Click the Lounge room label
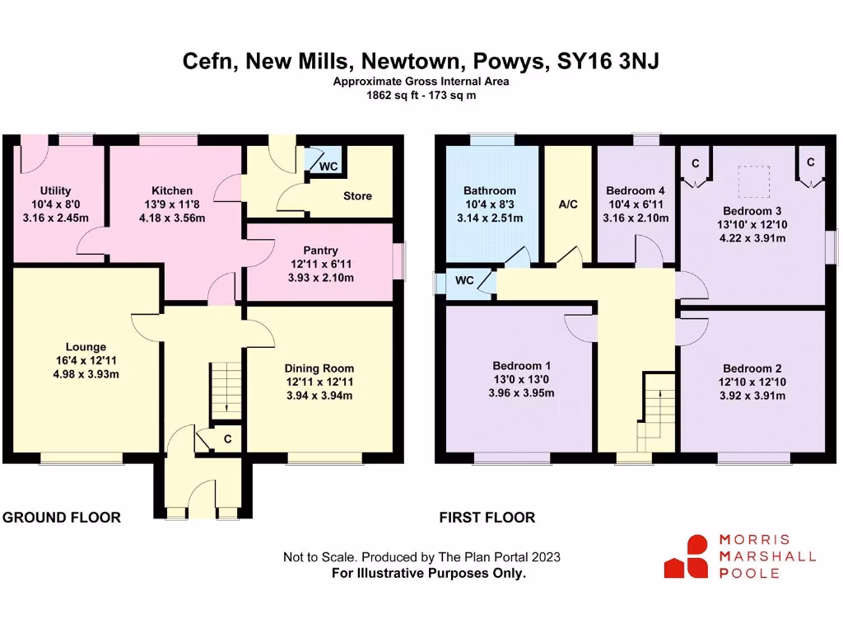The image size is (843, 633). (86, 347)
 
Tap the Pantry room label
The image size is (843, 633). (320, 251)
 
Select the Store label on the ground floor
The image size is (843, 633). (357, 196)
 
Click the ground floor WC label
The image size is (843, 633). (328, 166)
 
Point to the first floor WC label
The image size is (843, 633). (464, 280)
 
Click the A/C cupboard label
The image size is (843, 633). (567, 204)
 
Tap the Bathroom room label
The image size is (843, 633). (490, 190)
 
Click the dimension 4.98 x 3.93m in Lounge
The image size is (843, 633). (86, 374)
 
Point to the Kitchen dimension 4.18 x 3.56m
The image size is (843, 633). (172, 218)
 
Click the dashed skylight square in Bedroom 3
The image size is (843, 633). (753, 179)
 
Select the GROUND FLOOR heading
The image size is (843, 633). (62, 518)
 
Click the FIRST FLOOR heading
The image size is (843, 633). (487, 518)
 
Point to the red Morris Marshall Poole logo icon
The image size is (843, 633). (687, 556)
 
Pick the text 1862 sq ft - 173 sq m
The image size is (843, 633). (421, 95)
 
